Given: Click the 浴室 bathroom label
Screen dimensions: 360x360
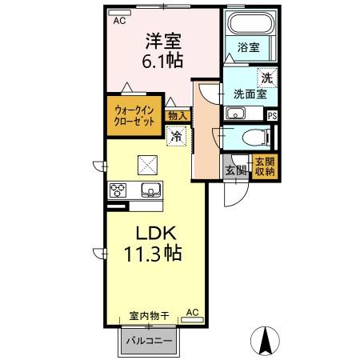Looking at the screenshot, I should click(x=247, y=48).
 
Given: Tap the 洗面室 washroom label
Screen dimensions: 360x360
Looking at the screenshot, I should click(x=248, y=94).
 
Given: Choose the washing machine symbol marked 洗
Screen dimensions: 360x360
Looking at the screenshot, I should click(x=266, y=78).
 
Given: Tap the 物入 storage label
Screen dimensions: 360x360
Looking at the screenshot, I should click(x=177, y=115).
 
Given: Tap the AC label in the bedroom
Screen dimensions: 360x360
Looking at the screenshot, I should click(x=119, y=21).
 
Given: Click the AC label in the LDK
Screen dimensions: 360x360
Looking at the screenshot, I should click(x=192, y=313).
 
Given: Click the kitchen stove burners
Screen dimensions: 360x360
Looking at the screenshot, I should click(x=119, y=190).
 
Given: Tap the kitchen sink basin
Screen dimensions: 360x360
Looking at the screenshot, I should click(x=150, y=190).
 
